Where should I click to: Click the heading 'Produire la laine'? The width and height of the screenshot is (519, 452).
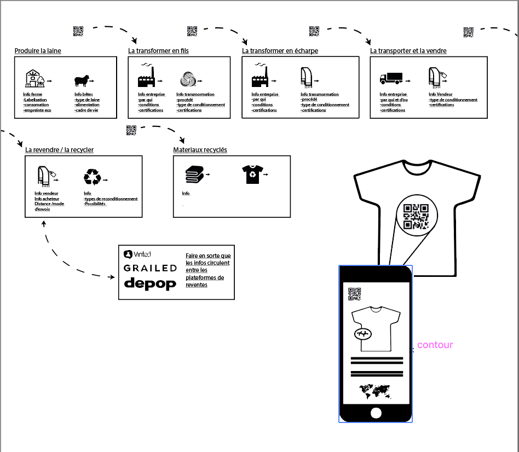pyautogui.click(x=38, y=51)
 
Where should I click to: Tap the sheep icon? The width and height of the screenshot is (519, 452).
pyautogui.click(x=81, y=82)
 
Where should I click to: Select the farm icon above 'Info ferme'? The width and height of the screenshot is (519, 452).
pyautogui.click(x=34, y=79)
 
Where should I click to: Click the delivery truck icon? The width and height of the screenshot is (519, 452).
pyautogui.click(x=390, y=79)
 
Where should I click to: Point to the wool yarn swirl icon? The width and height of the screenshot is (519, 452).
pyautogui.click(x=187, y=80)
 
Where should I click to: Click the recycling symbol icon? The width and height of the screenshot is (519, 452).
pyautogui.click(x=93, y=177)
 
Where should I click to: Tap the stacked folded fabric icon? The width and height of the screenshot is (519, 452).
pyautogui.click(x=194, y=175)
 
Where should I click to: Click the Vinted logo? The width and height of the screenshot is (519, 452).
pyautogui.click(x=137, y=254)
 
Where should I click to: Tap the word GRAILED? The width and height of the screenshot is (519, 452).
pyautogui.click(x=150, y=268)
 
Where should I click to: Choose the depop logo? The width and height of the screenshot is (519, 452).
pyautogui.click(x=150, y=283)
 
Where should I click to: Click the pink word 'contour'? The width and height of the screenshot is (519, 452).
pyautogui.click(x=435, y=345)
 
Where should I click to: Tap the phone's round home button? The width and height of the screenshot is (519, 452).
pyautogui.click(x=376, y=413)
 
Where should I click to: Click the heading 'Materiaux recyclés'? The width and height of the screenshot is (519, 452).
pyautogui.click(x=200, y=150)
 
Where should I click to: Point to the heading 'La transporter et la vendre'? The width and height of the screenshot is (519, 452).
pyautogui.click(x=408, y=51)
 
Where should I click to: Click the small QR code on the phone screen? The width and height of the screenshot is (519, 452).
pyautogui.click(x=355, y=294)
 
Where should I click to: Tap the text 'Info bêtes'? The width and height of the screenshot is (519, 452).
pyautogui.click(x=83, y=94)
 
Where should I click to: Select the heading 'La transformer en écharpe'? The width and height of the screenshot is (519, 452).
pyautogui.click(x=280, y=51)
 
